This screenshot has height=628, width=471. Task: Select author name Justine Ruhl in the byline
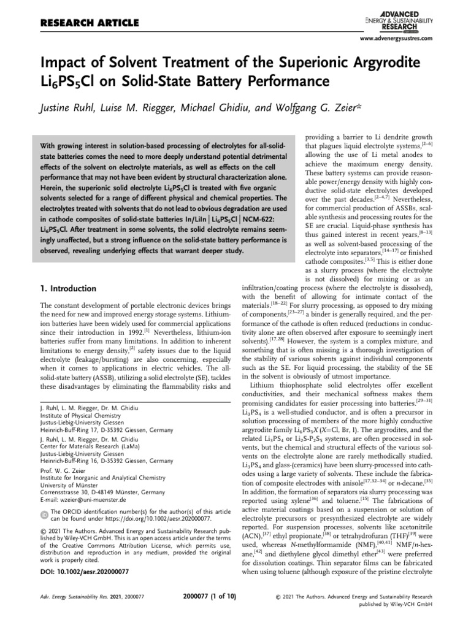pyautogui.click(x=67, y=108)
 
